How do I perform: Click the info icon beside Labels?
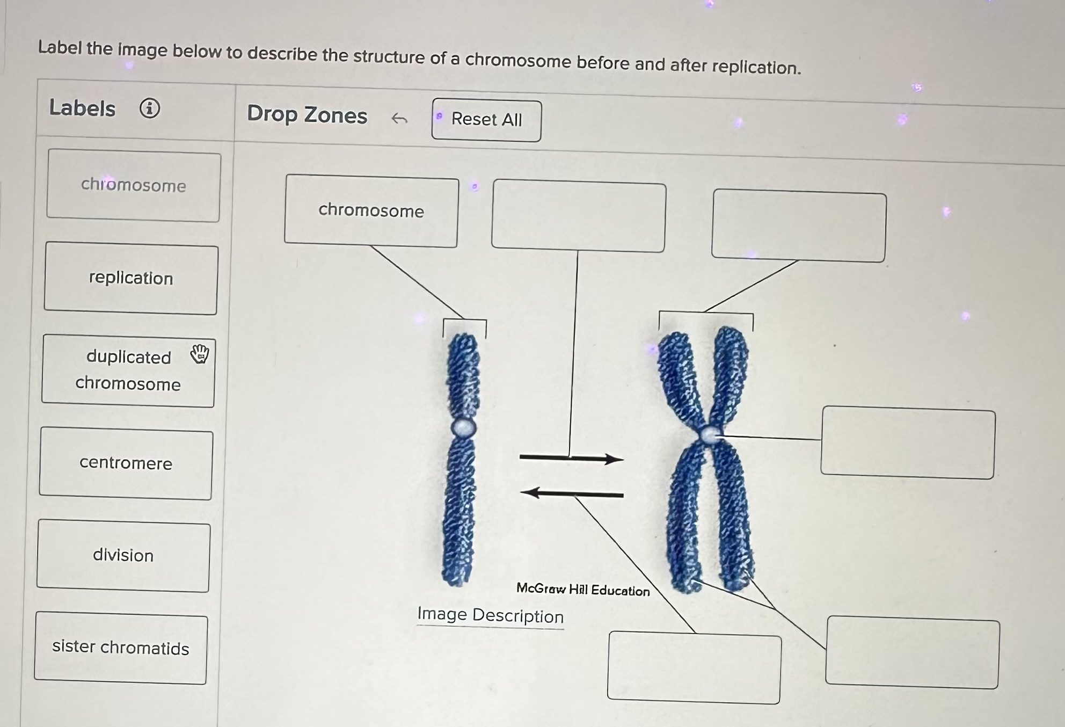pyautogui.click(x=150, y=108)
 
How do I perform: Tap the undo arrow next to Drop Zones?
pyautogui.click(x=399, y=118)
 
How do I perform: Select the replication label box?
pyautogui.click(x=131, y=279)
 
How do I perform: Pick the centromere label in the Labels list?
pyautogui.click(x=126, y=463)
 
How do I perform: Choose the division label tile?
pyautogui.click(x=123, y=556)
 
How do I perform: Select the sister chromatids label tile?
pyautogui.click(x=121, y=648)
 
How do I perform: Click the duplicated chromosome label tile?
pyautogui.click(x=128, y=370)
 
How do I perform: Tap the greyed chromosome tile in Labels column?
pyautogui.click(x=134, y=186)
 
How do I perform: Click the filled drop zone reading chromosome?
pyautogui.click(x=371, y=211)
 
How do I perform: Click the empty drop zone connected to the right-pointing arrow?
pyautogui.click(x=579, y=217)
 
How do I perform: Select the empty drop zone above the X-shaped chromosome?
pyautogui.click(x=799, y=227)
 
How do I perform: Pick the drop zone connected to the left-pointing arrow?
pyautogui.click(x=694, y=667)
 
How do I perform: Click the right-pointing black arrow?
pyautogui.click(x=572, y=458)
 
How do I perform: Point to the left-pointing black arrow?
pyautogui.click(x=572, y=493)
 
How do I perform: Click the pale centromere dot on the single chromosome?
pyautogui.click(x=463, y=428)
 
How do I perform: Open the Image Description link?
pyautogui.click(x=490, y=616)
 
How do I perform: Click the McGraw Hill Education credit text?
pyautogui.click(x=583, y=590)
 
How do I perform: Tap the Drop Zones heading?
pyautogui.click(x=307, y=115)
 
